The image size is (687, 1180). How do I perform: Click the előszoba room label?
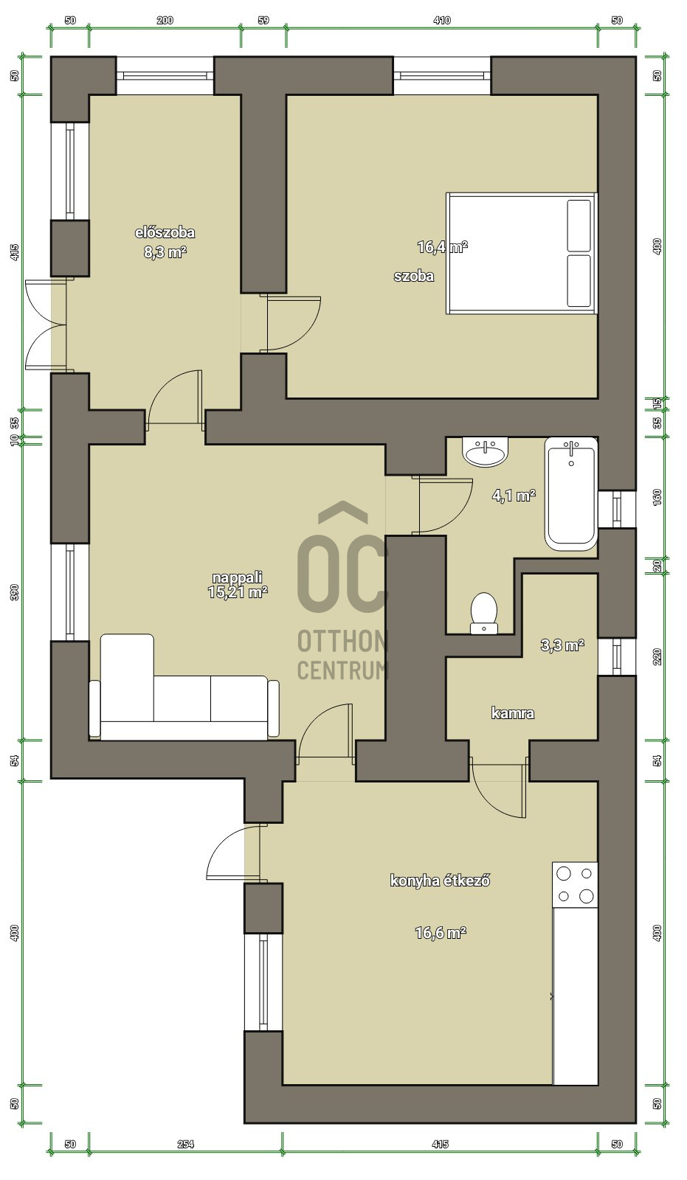tap(165, 232)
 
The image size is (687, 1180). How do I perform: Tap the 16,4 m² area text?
tap(442, 246)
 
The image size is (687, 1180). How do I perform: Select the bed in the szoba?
tap(522, 254)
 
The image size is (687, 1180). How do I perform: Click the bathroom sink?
tap(486, 451)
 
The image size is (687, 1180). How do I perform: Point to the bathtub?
tap(571, 493)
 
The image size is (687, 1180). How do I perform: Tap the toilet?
tap(484, 613)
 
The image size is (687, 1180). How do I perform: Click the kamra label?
tap(512, 713)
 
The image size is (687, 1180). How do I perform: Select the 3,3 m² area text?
tap(562, 645)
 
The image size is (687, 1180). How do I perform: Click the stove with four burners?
tap(575, 885)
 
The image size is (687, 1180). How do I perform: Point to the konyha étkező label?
tap(441, 881)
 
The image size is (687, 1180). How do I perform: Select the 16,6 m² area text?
tap(441, 933)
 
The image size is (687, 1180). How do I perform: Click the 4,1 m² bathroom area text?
tap(514, 495)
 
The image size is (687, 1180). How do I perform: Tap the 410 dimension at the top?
tap(442, 20)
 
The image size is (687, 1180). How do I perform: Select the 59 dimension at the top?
tap(263, 20)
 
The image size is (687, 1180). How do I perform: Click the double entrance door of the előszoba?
tap(46, 325)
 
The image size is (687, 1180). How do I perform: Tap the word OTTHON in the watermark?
tap(342, 642)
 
